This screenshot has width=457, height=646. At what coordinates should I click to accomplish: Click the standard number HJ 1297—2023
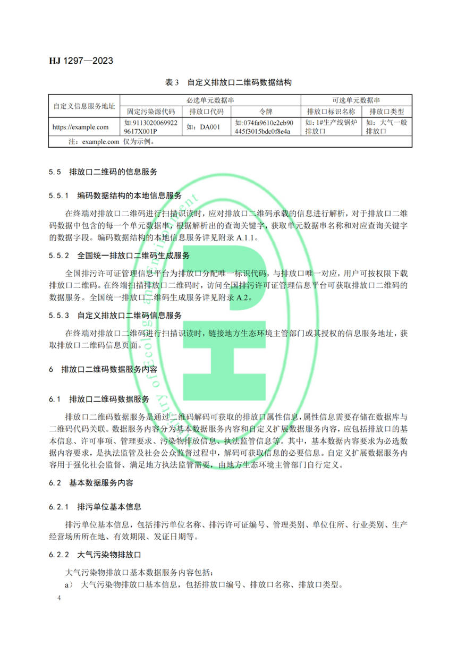pyautogui.click(x=81, y=61)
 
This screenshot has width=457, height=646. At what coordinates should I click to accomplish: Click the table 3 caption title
pyautogui.click(x=228, y=83)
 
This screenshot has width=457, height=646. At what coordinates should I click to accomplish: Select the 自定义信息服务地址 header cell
pyautogui.click(x=84, y=106)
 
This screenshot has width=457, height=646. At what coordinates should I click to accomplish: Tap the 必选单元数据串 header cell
pyautogui.click(x=210, y=100)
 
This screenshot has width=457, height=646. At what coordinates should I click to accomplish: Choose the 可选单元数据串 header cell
pyautogui.click(x=356, y=100)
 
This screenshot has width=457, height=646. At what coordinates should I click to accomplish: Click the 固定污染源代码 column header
pyautogui.click(x=151, y=112)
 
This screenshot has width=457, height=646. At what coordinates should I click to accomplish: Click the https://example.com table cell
pyautogui.click(x=81, y=127)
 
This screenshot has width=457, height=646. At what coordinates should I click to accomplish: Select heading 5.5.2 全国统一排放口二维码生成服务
pyautogui.click(x=133, y=255)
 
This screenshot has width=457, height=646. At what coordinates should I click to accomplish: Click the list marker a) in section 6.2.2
pyautogui.click(x=69, y=585)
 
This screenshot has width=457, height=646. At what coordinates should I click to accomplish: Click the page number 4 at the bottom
pyautogui.click(x=60, y=599)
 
